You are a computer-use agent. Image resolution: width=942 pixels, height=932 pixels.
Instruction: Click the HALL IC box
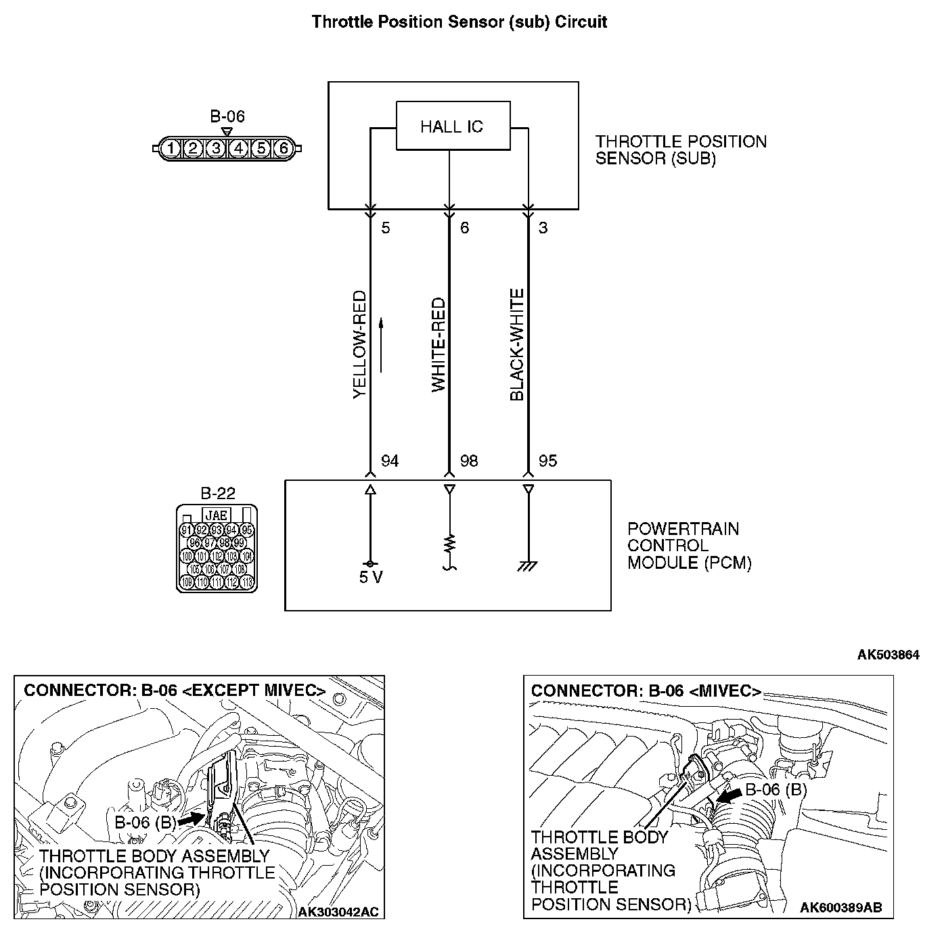452,126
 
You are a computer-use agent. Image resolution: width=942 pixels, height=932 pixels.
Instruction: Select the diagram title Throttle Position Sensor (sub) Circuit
459,22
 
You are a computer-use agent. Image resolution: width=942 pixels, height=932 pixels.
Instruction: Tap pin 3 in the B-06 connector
215,148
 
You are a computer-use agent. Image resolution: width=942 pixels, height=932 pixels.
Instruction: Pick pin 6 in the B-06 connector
284,148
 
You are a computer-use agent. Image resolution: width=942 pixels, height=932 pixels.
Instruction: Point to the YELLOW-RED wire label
359,344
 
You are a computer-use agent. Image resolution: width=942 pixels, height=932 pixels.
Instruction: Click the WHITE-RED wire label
439,344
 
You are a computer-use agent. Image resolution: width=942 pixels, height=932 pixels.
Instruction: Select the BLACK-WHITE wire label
517,344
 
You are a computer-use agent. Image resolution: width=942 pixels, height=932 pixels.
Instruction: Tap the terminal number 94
390,461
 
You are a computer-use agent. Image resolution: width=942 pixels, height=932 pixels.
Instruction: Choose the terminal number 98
468,461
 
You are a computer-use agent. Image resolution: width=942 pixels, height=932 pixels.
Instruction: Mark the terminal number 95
547,461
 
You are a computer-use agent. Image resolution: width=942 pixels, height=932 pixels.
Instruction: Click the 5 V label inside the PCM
371,579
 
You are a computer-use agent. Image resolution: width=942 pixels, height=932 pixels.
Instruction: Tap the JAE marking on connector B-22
216,515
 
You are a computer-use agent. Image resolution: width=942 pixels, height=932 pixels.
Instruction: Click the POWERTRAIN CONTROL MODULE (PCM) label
689,546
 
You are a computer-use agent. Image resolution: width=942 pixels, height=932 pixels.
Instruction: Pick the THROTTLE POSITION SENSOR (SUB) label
680,150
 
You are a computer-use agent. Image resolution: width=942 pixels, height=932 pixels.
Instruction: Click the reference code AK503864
888,655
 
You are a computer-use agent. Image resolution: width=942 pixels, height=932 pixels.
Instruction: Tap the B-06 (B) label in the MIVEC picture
776,790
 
